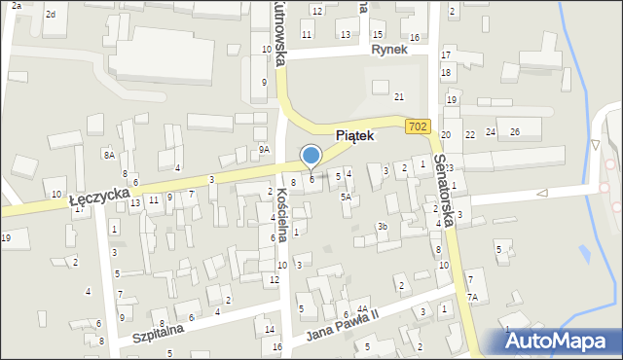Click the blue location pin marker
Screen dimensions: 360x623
click(x=311, y=156)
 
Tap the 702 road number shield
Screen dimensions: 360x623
click(x=418, y=126)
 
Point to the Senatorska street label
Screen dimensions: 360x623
click(x=447, y=190)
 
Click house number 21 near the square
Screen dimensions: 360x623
click(x=398, y=97)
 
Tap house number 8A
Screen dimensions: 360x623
click(x=110, y=155)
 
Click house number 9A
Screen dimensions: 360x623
click(x=264, y=149)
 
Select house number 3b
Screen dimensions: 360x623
click(x=383, y=227)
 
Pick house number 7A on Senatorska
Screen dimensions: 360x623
click(x=472, y=298)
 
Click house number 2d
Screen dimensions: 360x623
click(x=51, y=14)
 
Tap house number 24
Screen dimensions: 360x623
click(x=491, y=131)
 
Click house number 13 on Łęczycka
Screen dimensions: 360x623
click(x=134, y=201)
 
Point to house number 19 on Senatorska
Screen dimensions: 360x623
click(x=452, y=100)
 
